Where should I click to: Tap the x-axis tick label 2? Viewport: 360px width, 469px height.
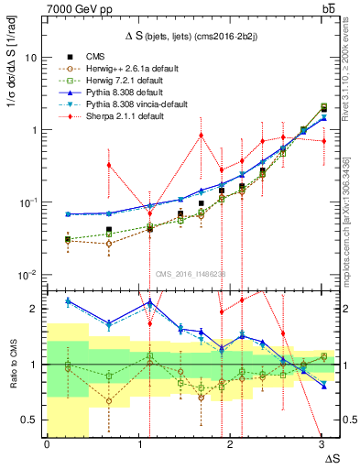230,446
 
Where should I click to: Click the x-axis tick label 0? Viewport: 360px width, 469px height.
47,446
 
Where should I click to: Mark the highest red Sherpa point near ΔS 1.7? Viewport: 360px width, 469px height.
202,136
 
